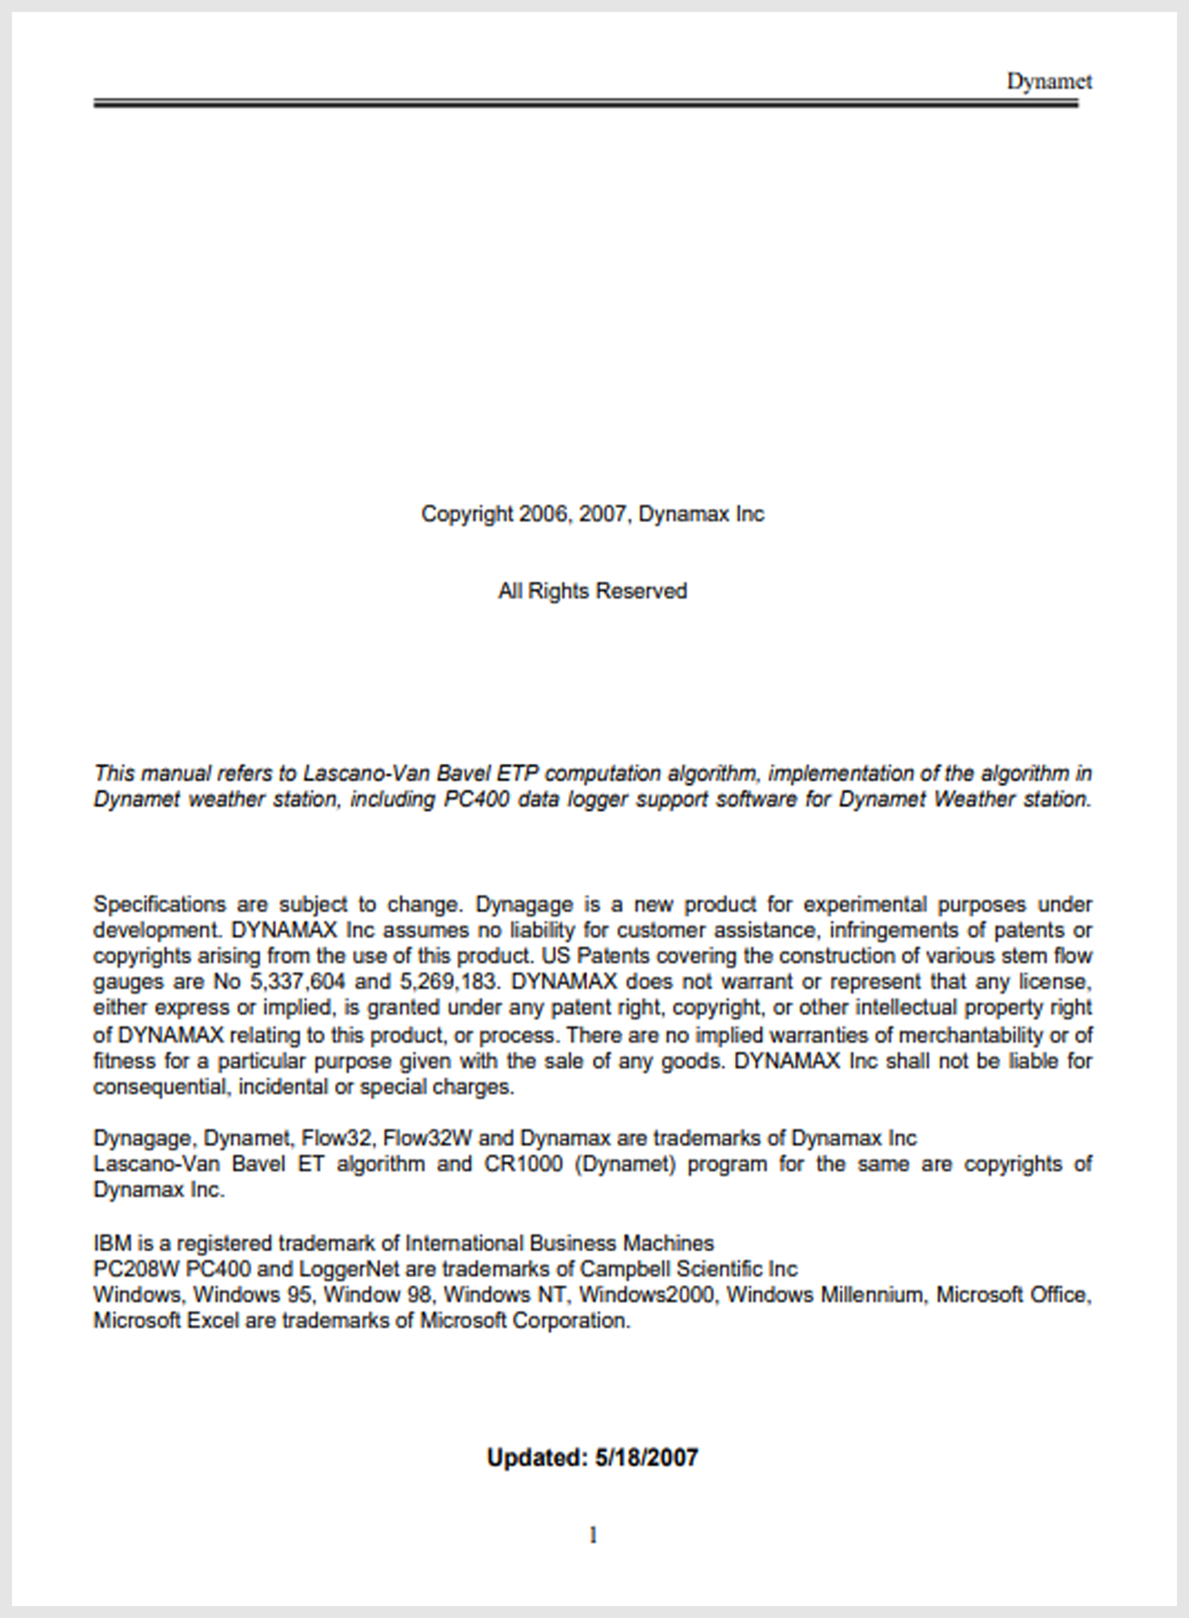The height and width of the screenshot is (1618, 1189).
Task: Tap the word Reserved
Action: pos(641,591)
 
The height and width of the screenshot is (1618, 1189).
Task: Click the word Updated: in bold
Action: pos(537,1457)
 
